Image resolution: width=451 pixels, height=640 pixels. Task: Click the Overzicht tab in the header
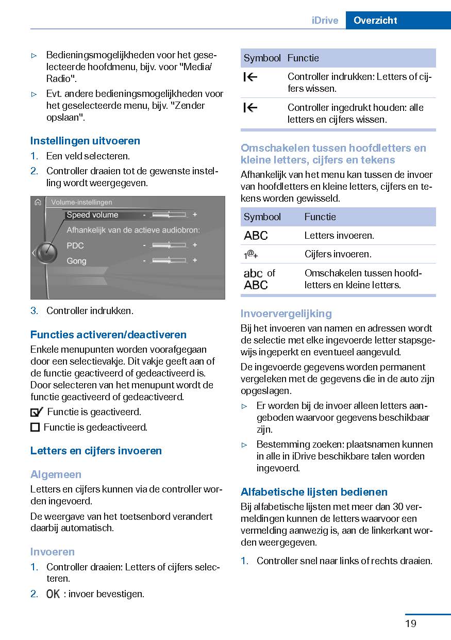(375, 21)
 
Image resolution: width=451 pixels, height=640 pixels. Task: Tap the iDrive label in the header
(325, 21)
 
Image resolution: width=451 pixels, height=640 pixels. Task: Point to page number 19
(411, 623)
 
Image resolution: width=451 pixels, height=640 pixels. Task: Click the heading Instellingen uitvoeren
(85, 141)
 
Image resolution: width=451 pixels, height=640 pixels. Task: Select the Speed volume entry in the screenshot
(93, 215)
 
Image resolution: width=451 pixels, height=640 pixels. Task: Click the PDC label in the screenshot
(75, 245)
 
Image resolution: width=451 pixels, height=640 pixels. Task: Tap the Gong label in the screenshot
(76, 261)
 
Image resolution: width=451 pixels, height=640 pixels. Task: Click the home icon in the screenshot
(38, 202)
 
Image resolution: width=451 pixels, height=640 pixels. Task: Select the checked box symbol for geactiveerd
(36, 412)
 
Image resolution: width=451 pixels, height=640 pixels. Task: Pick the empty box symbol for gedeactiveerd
(35, 427)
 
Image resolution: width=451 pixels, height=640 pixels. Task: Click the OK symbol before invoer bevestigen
(53, 594)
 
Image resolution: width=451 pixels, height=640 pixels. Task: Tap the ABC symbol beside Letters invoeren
(256, 236)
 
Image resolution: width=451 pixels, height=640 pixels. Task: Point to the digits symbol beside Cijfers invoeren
(251, 254)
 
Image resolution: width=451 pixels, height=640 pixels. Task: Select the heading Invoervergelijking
(286, 314)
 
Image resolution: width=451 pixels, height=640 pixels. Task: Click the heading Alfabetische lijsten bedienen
(314, 492)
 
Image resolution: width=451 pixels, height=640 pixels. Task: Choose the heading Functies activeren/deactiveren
(108, 335)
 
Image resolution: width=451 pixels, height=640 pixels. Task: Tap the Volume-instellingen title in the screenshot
(81, 202)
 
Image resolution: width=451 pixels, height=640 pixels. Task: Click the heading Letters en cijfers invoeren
(96, 451)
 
